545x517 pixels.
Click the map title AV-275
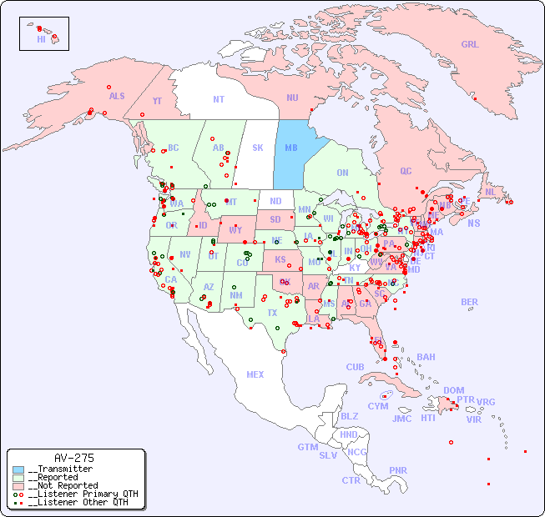73,458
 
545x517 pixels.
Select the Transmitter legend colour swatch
18,469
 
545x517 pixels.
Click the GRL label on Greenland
470,45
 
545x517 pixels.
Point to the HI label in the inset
41,39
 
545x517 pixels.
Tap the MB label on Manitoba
291,148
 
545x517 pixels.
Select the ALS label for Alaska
117,96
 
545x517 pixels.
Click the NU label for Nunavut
292,98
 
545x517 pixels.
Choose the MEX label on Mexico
255,374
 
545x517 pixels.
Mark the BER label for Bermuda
469,302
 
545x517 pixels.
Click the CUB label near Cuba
355,367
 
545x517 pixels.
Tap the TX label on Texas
272,313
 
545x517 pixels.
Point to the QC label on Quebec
406,171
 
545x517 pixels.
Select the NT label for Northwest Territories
219,98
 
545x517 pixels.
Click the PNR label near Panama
398,470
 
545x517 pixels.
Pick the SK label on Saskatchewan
258,148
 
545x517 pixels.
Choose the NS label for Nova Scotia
474,223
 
